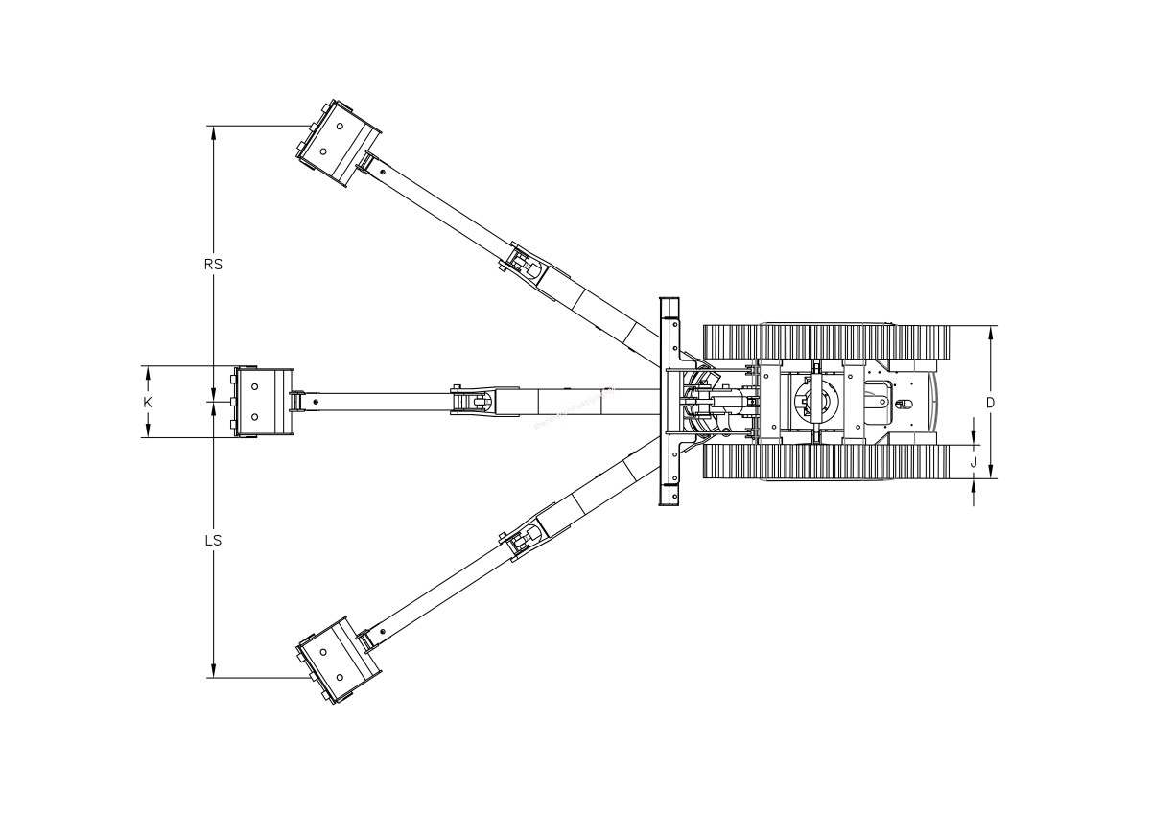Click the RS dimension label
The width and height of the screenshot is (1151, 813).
point(213,265)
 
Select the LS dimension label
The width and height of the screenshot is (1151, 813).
point(213,541)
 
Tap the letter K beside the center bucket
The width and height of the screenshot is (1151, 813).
point(148,403)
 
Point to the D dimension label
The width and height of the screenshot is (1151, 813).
point(990,403)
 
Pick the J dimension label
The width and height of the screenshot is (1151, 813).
point(974,463)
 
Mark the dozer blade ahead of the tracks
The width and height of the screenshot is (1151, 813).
point(669,402)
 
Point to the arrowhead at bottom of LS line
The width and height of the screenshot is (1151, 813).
point(213,670)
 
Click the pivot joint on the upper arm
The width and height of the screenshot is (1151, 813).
point(523,263)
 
